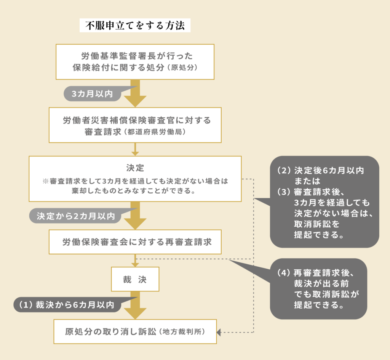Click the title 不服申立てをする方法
135,26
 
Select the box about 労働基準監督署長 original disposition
135,62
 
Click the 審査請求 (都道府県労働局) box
135,125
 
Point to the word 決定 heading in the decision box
135,168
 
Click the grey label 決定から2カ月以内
75,216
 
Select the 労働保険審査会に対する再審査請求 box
135,242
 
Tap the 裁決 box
135,279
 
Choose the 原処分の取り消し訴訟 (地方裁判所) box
135,331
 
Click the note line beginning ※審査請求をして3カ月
135,181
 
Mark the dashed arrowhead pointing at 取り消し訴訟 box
219,332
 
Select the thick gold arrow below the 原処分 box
135,93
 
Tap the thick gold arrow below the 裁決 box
135,305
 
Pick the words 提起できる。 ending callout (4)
318,306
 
